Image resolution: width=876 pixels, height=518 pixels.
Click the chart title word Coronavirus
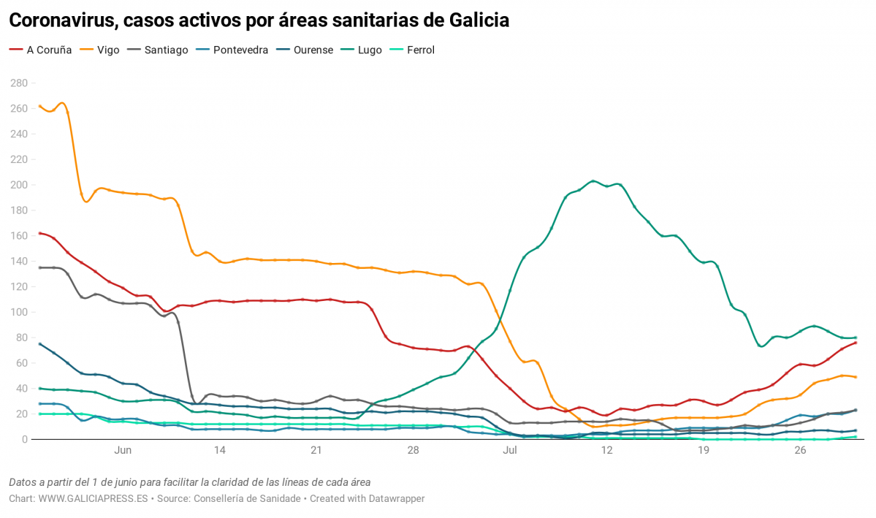click(x=61, y=21)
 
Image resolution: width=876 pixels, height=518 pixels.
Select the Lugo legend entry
click(x=370, y=50)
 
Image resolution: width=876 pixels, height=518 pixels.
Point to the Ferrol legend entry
click(x=420, y=50)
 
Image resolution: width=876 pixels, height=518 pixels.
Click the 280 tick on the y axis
click(x=18, y=83)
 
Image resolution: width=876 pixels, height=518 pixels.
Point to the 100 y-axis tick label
click(x=18, y=312)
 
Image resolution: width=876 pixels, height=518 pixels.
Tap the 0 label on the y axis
click(x=24, y=439)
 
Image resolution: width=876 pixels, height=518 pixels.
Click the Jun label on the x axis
click(x=123, y=451)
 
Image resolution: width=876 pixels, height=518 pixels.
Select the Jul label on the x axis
click(x=510, y=451)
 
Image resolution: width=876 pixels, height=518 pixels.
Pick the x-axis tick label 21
click(x=316, y=451)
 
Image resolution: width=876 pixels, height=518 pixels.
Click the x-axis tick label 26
click(x=800, y=451)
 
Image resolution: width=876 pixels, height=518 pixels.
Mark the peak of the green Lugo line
click(x=593, y=181)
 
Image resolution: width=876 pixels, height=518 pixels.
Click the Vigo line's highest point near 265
click(x=63, y=103)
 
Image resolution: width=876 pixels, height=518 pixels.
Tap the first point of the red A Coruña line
click(x=39, y=233)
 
